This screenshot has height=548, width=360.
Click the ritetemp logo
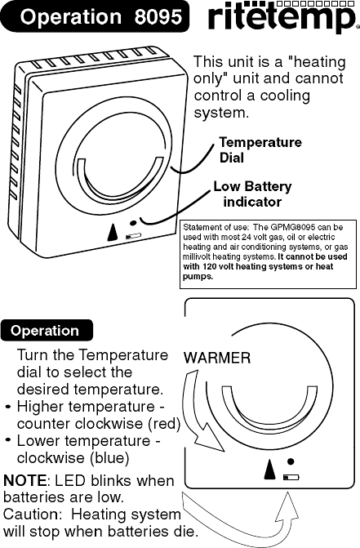pyautogui.click(x=282, y=20)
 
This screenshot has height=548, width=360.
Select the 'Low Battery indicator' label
pyautogui.click(x=252, y=194)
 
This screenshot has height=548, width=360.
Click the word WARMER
pyautogui.click(x=216, y=358)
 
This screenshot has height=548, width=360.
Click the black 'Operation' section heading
pyautogui.click(x=46, y=331)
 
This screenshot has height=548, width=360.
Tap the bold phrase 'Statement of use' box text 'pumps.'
pyautogui.click(x=198, y=277)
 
